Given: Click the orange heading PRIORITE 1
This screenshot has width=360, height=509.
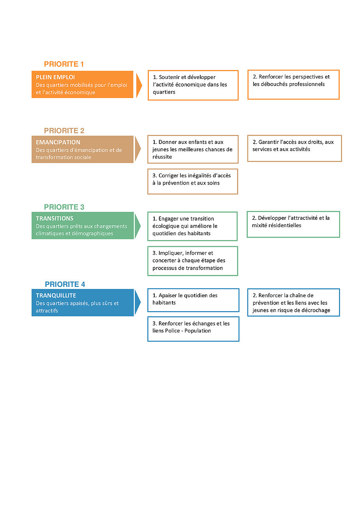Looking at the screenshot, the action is (x=64, y=64).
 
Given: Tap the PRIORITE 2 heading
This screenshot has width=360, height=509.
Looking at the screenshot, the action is (x=64, y=131).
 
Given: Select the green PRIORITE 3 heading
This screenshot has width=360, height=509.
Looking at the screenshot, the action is (x=64, y=207).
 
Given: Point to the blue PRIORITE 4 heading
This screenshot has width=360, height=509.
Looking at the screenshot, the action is (x=65, y=284).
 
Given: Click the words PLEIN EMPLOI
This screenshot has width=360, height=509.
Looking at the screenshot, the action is (x=55, y=77).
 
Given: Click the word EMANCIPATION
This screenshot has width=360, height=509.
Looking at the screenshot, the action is (x=58, y=142).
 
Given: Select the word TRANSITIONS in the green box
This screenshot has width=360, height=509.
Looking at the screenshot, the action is (x=54, y=218).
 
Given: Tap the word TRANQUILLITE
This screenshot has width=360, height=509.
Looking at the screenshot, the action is (x=56, y=295).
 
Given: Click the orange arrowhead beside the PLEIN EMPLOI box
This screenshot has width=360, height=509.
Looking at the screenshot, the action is (x=139, y=85).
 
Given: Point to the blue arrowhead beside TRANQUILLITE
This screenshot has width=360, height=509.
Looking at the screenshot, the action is (x=137, y=302).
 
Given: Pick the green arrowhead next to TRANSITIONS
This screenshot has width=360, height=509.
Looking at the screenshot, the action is (x=137, y=226).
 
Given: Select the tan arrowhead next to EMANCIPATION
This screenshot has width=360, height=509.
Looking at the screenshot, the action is (x=138, y=149).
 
